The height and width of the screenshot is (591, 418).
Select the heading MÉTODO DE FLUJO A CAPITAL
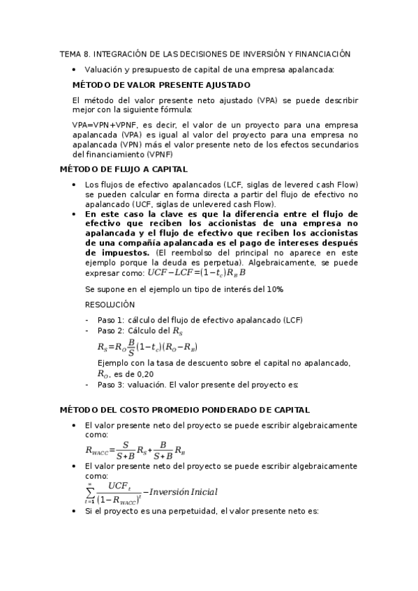[124, 169]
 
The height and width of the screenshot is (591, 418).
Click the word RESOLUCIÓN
[110, 305]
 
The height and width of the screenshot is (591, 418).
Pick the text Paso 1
[110, 320]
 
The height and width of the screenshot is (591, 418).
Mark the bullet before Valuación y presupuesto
[75, 69]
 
